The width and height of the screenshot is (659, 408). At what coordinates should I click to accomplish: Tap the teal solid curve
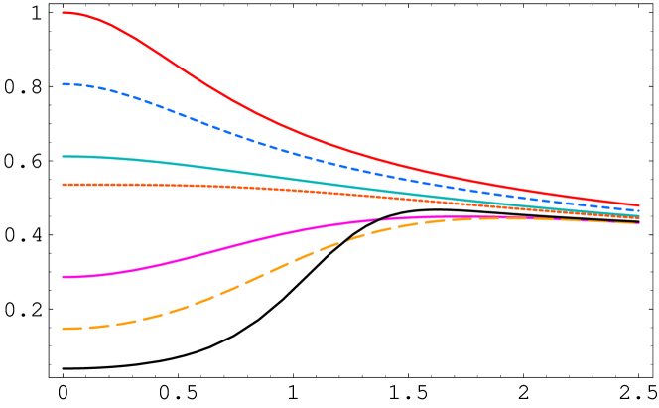tap(198, 166)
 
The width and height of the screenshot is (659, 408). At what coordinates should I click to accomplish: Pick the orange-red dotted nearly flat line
tap(198, 186)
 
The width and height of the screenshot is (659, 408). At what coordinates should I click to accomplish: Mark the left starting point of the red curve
tap(63, 13)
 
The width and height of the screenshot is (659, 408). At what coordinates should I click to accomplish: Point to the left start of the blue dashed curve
tap(63, 84)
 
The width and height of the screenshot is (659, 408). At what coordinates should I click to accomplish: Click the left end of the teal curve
tap(63, 156)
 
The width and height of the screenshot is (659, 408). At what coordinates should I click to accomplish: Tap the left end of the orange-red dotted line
tap(63, 185)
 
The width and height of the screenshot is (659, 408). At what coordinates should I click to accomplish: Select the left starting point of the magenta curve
tap(63, 277)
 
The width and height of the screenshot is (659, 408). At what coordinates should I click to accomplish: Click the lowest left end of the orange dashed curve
tap(63, 329)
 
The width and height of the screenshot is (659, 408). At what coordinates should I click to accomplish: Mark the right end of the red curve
tap(639, 205)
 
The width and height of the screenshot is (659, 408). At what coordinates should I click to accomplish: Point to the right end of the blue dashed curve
tap(639, 211)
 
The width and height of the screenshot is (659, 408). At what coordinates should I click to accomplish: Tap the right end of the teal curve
tap(639, 216)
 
